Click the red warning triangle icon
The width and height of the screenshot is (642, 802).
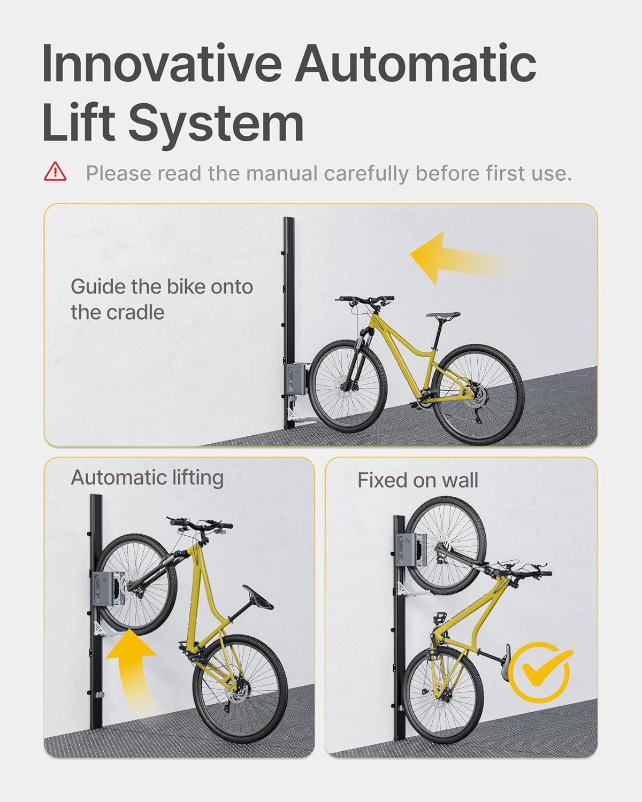[55, 172]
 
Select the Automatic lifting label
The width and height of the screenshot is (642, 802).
[147, 477]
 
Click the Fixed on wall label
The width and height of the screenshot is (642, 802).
[418, 480]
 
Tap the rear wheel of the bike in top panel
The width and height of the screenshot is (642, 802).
[478, 395]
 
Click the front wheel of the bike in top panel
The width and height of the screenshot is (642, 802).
[348, 385]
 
